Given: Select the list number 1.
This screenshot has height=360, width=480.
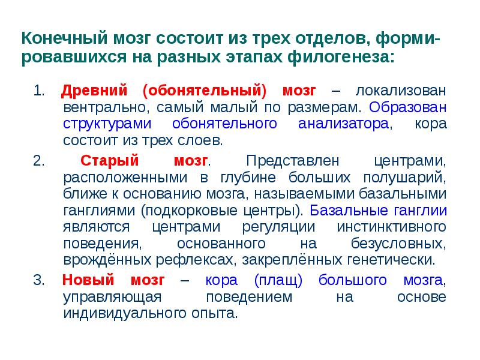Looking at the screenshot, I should click(38, 91).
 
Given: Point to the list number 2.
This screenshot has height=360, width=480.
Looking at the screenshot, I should click(38, 162).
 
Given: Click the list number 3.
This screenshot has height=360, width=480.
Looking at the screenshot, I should click(38, 280).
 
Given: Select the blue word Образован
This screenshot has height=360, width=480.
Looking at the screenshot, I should click(408, 108).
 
